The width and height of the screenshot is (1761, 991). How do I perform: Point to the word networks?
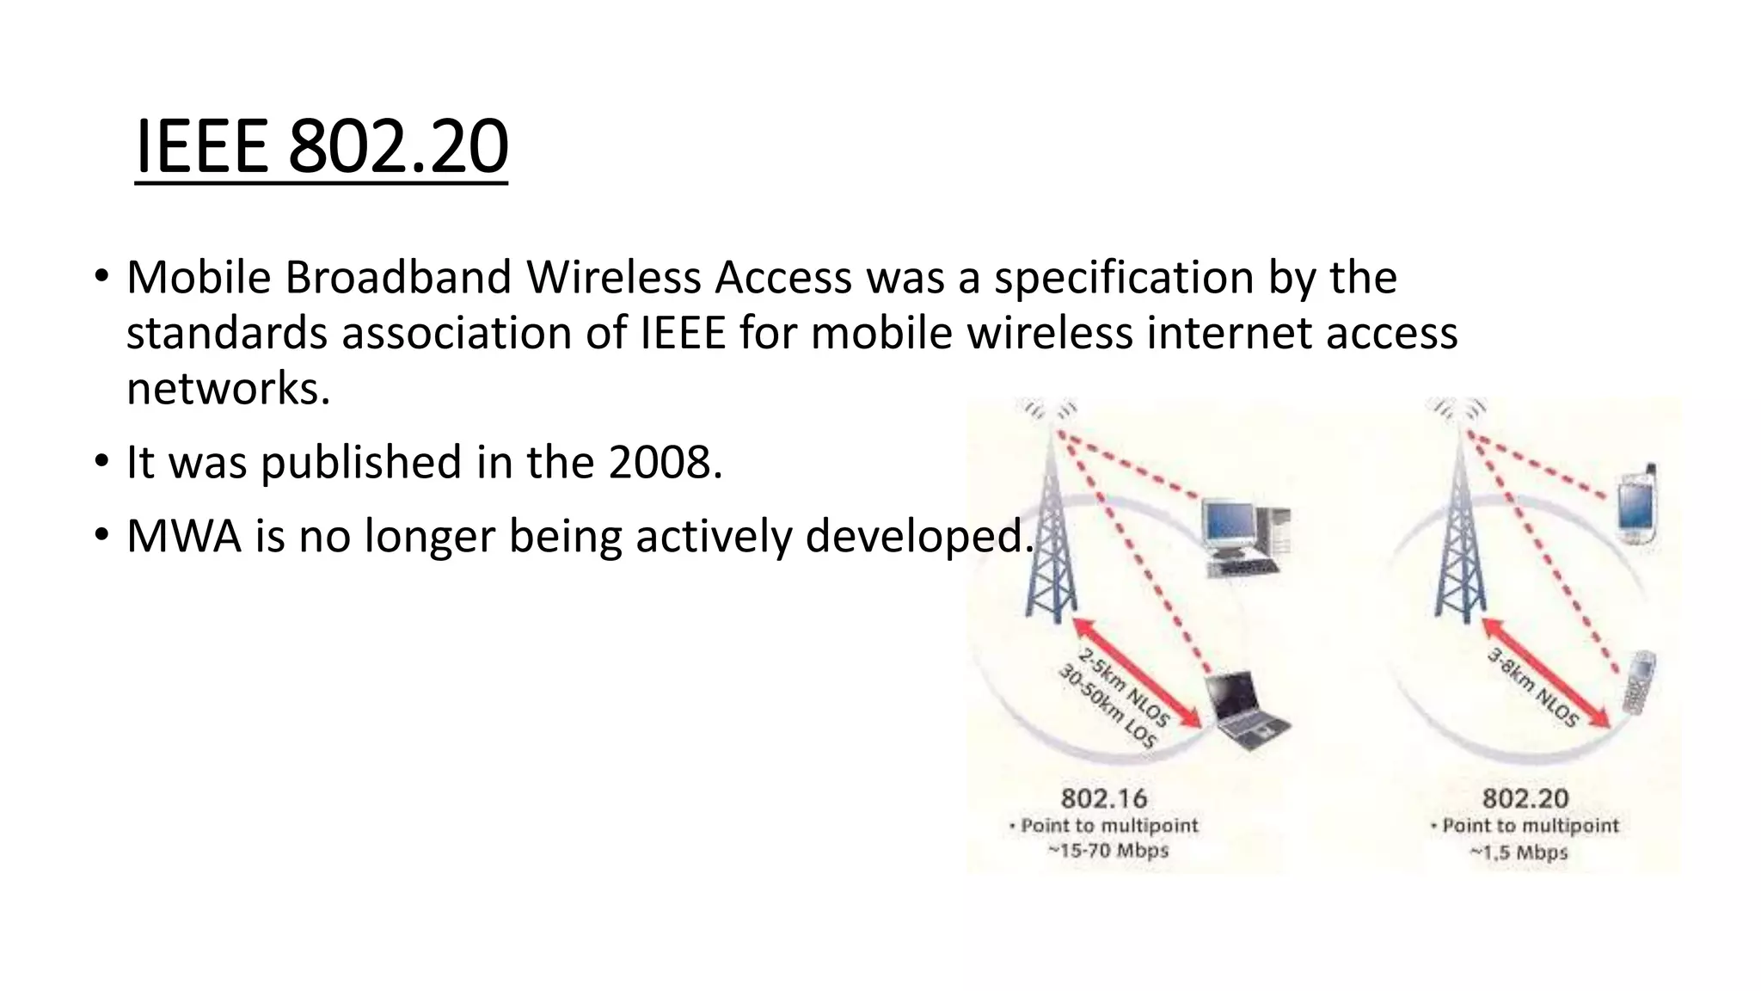pos(228,389)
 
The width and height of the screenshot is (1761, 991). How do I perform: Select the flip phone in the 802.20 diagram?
pos(1638,682)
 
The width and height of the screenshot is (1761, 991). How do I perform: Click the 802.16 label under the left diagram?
pos(1104,798)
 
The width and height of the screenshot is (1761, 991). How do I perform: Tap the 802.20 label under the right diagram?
pos(1525,798)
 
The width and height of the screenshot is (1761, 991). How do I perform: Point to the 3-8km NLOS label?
pos(1533,688)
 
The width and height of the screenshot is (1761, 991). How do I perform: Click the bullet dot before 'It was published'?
pos(102,462)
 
